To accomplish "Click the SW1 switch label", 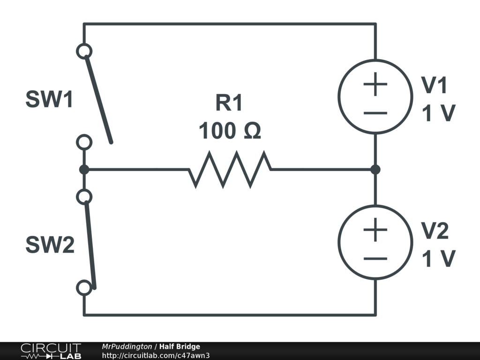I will click(x=49, y=100).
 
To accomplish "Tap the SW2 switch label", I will click(x=50, y=245).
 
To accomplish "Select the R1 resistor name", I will click(x=229, y=103).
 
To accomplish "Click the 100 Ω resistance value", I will click(x=229, y=131).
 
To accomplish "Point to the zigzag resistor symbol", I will click(x=230, y=169).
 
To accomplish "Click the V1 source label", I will click(x=435, y=85).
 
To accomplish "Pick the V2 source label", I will click(x=435, y=231).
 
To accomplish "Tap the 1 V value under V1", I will click(x=439, y=113).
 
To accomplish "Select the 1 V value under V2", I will click(x=439, y=259).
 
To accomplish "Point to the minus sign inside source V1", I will click(x=375, y=113).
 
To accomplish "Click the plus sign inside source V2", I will click(x=375, y=230).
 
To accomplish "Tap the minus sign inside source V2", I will click(x=375, y=258).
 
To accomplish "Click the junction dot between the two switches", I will click(x=84, y=169).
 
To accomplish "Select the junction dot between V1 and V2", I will click(x=375, y=169).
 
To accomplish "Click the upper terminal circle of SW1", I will click(x=84, y=51).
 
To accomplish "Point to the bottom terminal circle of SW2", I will click(x=84, y=288).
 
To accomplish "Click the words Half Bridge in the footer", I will click(x=180, y=347).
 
